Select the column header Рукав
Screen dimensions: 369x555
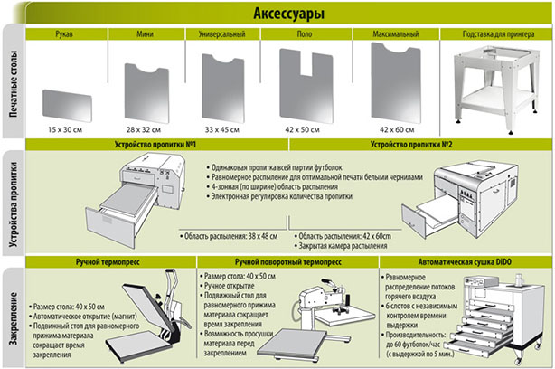[x=65, y=34]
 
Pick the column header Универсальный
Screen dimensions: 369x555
[x=222, y=34]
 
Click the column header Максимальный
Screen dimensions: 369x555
[x=393, y=34]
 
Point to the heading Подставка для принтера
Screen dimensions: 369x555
[x=495, y=34]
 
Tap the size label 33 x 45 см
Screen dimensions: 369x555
[x=222, y=131]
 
